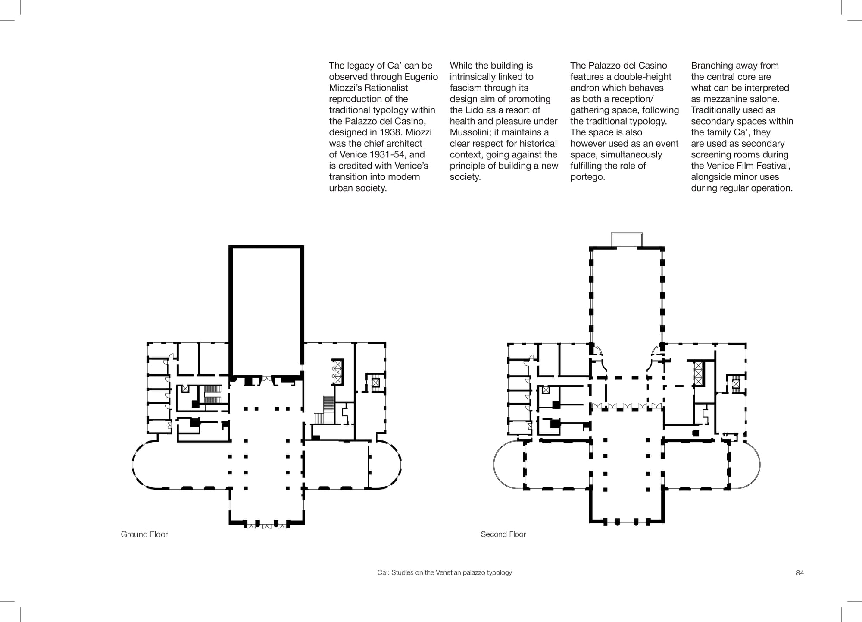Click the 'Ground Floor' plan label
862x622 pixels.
144,534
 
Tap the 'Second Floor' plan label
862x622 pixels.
503,534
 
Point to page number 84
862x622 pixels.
800,573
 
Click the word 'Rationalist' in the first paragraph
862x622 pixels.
387,88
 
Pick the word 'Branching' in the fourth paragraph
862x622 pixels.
711,66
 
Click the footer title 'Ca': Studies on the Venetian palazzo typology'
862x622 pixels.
444,573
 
